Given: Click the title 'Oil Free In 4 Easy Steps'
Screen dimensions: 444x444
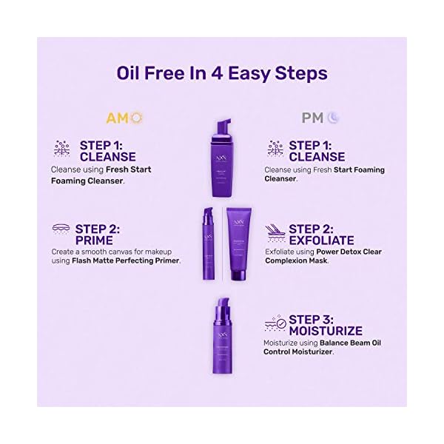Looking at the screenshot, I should tap(222, 73).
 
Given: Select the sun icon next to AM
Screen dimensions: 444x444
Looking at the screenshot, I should tap(136, 118).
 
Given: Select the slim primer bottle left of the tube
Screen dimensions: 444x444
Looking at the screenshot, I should tap(207, 243).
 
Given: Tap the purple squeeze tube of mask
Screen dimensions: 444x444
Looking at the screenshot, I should tap(239, 243).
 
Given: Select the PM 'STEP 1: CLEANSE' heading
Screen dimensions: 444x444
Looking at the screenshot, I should tap(316, 150).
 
